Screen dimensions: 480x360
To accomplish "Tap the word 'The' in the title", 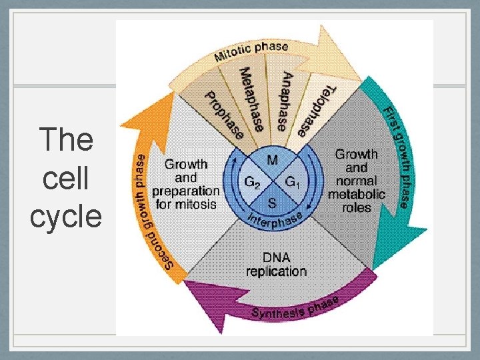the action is tap(66, 140).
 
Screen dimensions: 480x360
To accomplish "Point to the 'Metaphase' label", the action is tap(252, 99).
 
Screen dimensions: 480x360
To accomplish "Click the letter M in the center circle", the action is tap(273, 160).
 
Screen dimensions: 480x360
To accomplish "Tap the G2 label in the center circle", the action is tap(253, 181).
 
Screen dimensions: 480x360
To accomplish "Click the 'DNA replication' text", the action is tap(276, 265).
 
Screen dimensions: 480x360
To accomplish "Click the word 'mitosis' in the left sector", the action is tap(195, 205).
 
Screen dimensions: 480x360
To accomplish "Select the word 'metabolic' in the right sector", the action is tap(357, 194).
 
